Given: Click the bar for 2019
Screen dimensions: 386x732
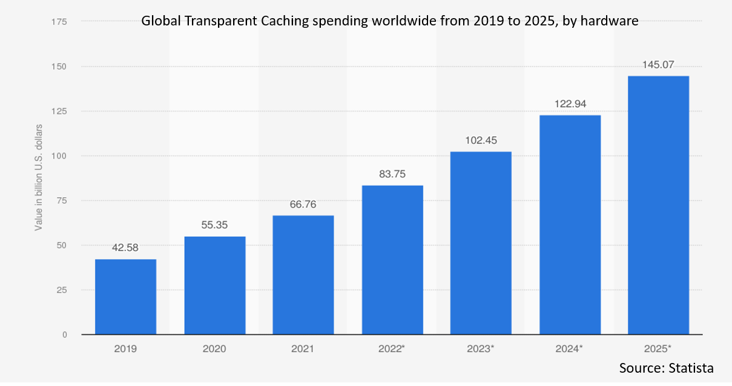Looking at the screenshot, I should coord(125,296).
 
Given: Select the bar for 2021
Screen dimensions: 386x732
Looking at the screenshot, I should coord(303,275).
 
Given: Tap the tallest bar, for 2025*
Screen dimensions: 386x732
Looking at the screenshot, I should coord(658,205).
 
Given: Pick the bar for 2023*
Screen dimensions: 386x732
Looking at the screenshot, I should coord(481,243).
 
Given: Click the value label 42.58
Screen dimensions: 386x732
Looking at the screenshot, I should coord(125,247).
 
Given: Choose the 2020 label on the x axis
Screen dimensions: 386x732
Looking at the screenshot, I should coord(214,349).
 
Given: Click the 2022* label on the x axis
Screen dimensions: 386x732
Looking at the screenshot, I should coord(392,349).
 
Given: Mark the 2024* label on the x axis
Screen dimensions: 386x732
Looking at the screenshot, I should coord(570,349).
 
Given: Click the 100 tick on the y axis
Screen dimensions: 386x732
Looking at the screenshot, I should coord(58,156).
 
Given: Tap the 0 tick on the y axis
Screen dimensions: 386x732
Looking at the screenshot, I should coord(64,335).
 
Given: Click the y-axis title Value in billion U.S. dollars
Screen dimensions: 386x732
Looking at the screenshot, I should coord(38,177).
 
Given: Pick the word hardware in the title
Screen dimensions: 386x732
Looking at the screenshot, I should coord(610,21).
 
